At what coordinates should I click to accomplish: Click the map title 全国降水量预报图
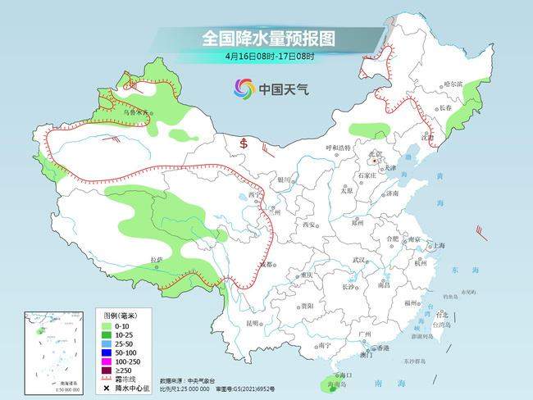click(x=269, y=39)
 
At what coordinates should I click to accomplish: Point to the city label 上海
click(x=439, y=245)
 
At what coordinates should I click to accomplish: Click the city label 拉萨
click(x=157, y=260)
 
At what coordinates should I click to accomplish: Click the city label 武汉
click(x=358, y=260)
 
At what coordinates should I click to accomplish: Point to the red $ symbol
click(x=244, y=144)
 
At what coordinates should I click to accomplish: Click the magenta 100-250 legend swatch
click(x=107, y=360)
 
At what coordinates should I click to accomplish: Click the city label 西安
click(x=308, y=224)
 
